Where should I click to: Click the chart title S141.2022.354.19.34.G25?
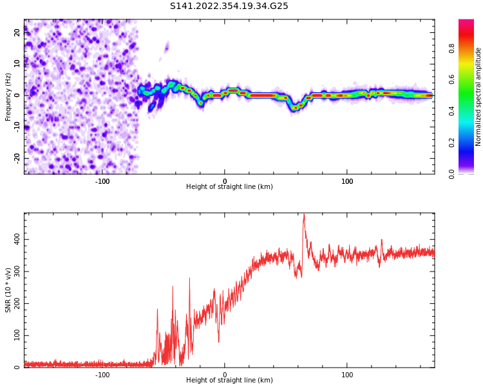click(x=229, y=6)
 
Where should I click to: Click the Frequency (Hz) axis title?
click(x=8, y=97)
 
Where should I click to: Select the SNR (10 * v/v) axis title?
click(x=8, y=290)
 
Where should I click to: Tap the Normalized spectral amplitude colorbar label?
click(x=478, y=97)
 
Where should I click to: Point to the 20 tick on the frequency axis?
click(x=18, y=33)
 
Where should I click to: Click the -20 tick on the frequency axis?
click(x=18, y=158)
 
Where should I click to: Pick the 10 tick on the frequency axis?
click(x=18, y=64)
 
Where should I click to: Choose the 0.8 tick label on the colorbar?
click(x=452, y=48)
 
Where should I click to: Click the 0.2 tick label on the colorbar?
click(x=452, y=143)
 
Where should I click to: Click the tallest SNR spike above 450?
click(x=303, y=216)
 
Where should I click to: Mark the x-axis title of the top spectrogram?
click(x=229, y=187)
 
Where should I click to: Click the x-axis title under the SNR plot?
click(x=229, y=381)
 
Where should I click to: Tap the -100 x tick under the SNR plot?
click(x=102, y=375)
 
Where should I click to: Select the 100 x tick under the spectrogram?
click(x=347, y=181)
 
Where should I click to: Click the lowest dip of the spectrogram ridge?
click(x=294, y=108)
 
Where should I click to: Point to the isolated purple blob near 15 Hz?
click(x=166, y=46)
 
